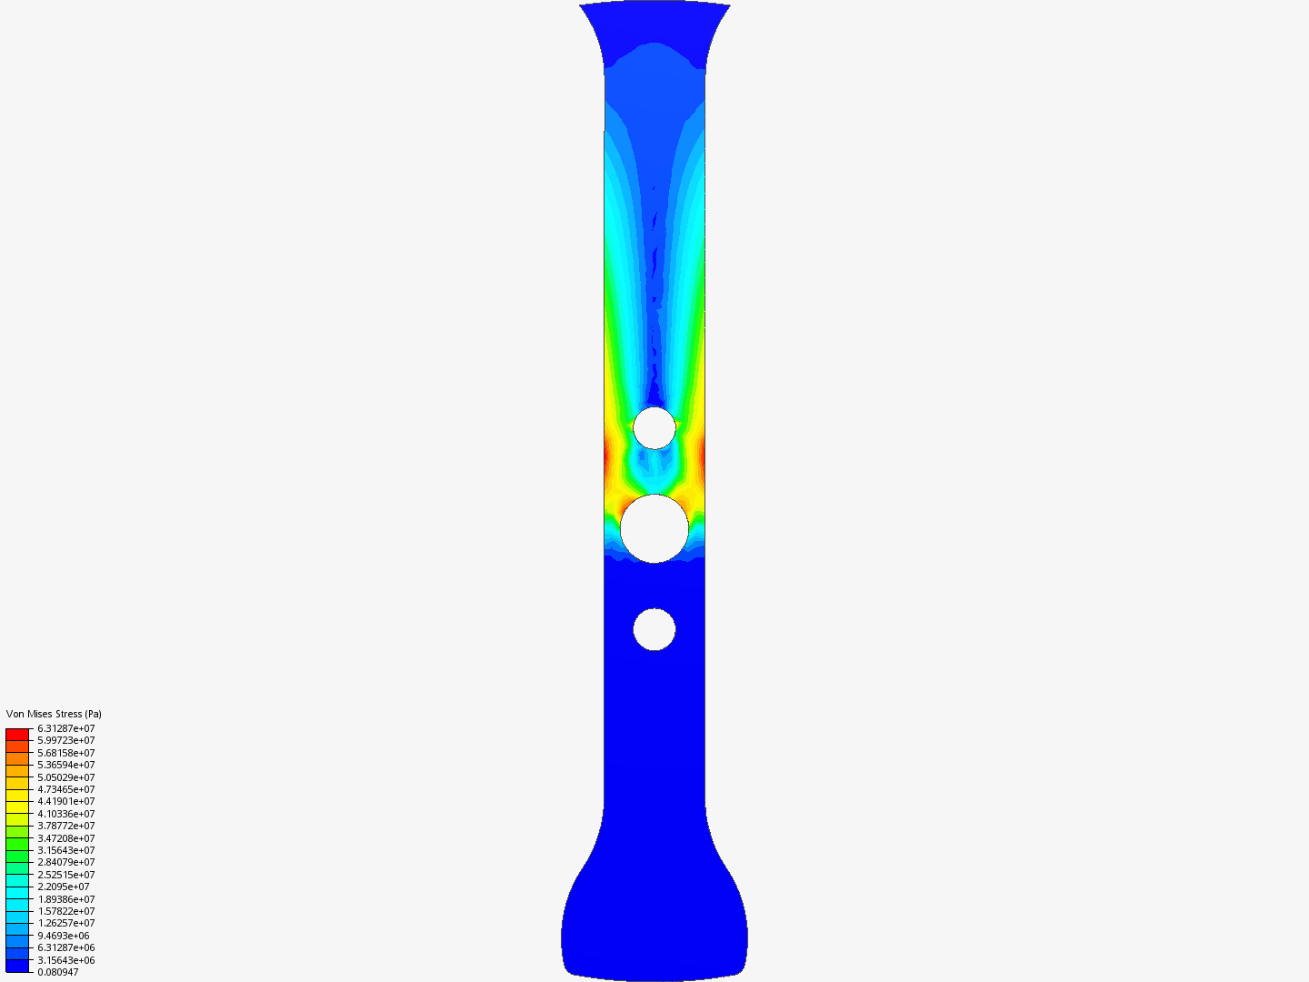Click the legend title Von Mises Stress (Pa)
point(54,714)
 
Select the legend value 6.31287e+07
point(66,728)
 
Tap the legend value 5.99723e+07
point(66,740)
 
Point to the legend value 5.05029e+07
point(66,777)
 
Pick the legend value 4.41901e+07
point(66,801)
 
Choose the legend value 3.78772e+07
point(66,826)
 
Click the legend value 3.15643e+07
point(66,850)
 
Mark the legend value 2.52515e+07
point(66,875)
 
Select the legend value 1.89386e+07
point(66,899)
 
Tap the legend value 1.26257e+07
point(66,923)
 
